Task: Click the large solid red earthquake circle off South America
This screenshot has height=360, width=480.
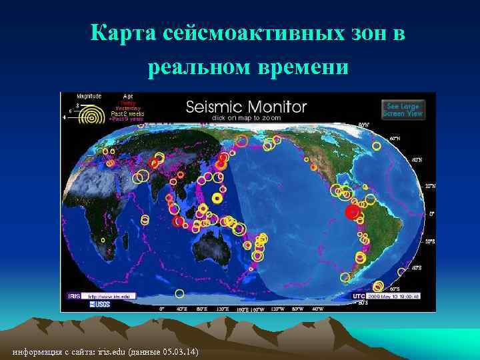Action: [x=352, y=212]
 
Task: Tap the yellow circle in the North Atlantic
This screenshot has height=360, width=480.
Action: [x=377, y=145]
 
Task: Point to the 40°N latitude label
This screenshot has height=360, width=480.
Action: [x=417, y=160]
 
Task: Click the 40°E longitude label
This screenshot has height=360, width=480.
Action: [x=181, y=309]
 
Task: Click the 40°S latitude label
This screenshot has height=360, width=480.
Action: [x=417, y=267]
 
